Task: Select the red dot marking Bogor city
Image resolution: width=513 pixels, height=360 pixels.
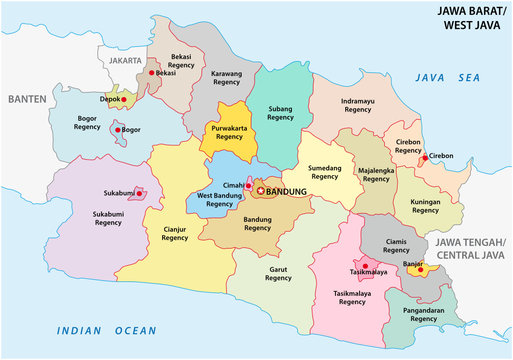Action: (x=120, y=129)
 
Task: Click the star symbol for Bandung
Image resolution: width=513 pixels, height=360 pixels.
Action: (x=262, y=190)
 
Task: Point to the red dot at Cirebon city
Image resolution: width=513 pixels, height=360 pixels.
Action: (x=425, y=157)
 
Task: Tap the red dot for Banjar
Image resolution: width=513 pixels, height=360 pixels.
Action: (x=421, y=269)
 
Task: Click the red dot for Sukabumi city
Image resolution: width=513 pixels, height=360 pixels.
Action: (x=141, y=193)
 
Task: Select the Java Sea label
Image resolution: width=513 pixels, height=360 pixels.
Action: (x=441, y=76)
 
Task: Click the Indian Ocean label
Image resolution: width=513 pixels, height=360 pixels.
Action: (x=106, y=330)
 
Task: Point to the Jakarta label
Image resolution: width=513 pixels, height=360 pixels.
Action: (x=126, y=60)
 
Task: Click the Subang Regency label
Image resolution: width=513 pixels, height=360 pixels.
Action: (x=281, y=113)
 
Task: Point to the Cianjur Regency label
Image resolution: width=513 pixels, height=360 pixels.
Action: (x=174, y=234)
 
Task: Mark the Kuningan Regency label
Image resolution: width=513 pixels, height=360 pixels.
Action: (x=425, y=207)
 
